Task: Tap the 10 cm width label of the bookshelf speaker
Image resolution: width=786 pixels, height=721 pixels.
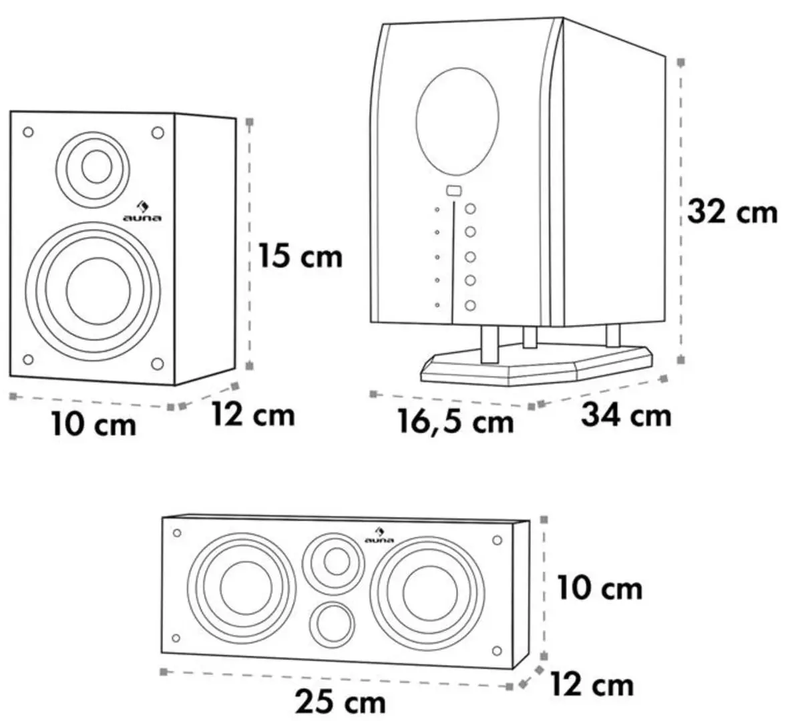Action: coord(93,424)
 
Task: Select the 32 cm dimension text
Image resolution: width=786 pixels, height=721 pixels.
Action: coord(733,212)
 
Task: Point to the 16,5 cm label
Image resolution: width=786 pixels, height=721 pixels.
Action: coord(456,421)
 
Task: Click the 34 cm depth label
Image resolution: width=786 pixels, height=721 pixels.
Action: coord(626,415)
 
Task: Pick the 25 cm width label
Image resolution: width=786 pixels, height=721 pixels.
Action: coord(340,702)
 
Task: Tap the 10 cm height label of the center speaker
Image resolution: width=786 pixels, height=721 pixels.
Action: coord(600,589)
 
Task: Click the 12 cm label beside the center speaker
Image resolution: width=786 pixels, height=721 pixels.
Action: coord(592,685)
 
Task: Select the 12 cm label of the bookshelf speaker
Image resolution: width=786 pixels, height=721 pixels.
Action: coord(252,415)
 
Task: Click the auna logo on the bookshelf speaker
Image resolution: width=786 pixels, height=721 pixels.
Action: coord(142,212)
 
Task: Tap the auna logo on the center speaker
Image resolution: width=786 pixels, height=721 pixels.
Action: coord(379,535)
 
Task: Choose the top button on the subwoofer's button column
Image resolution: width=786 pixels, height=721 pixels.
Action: coord(470,209)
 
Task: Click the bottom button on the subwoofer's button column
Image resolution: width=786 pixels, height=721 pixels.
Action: coord(470,306)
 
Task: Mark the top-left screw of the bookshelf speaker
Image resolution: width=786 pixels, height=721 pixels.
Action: coord(28,132)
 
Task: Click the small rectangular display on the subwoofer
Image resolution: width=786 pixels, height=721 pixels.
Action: coord(453,190)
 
